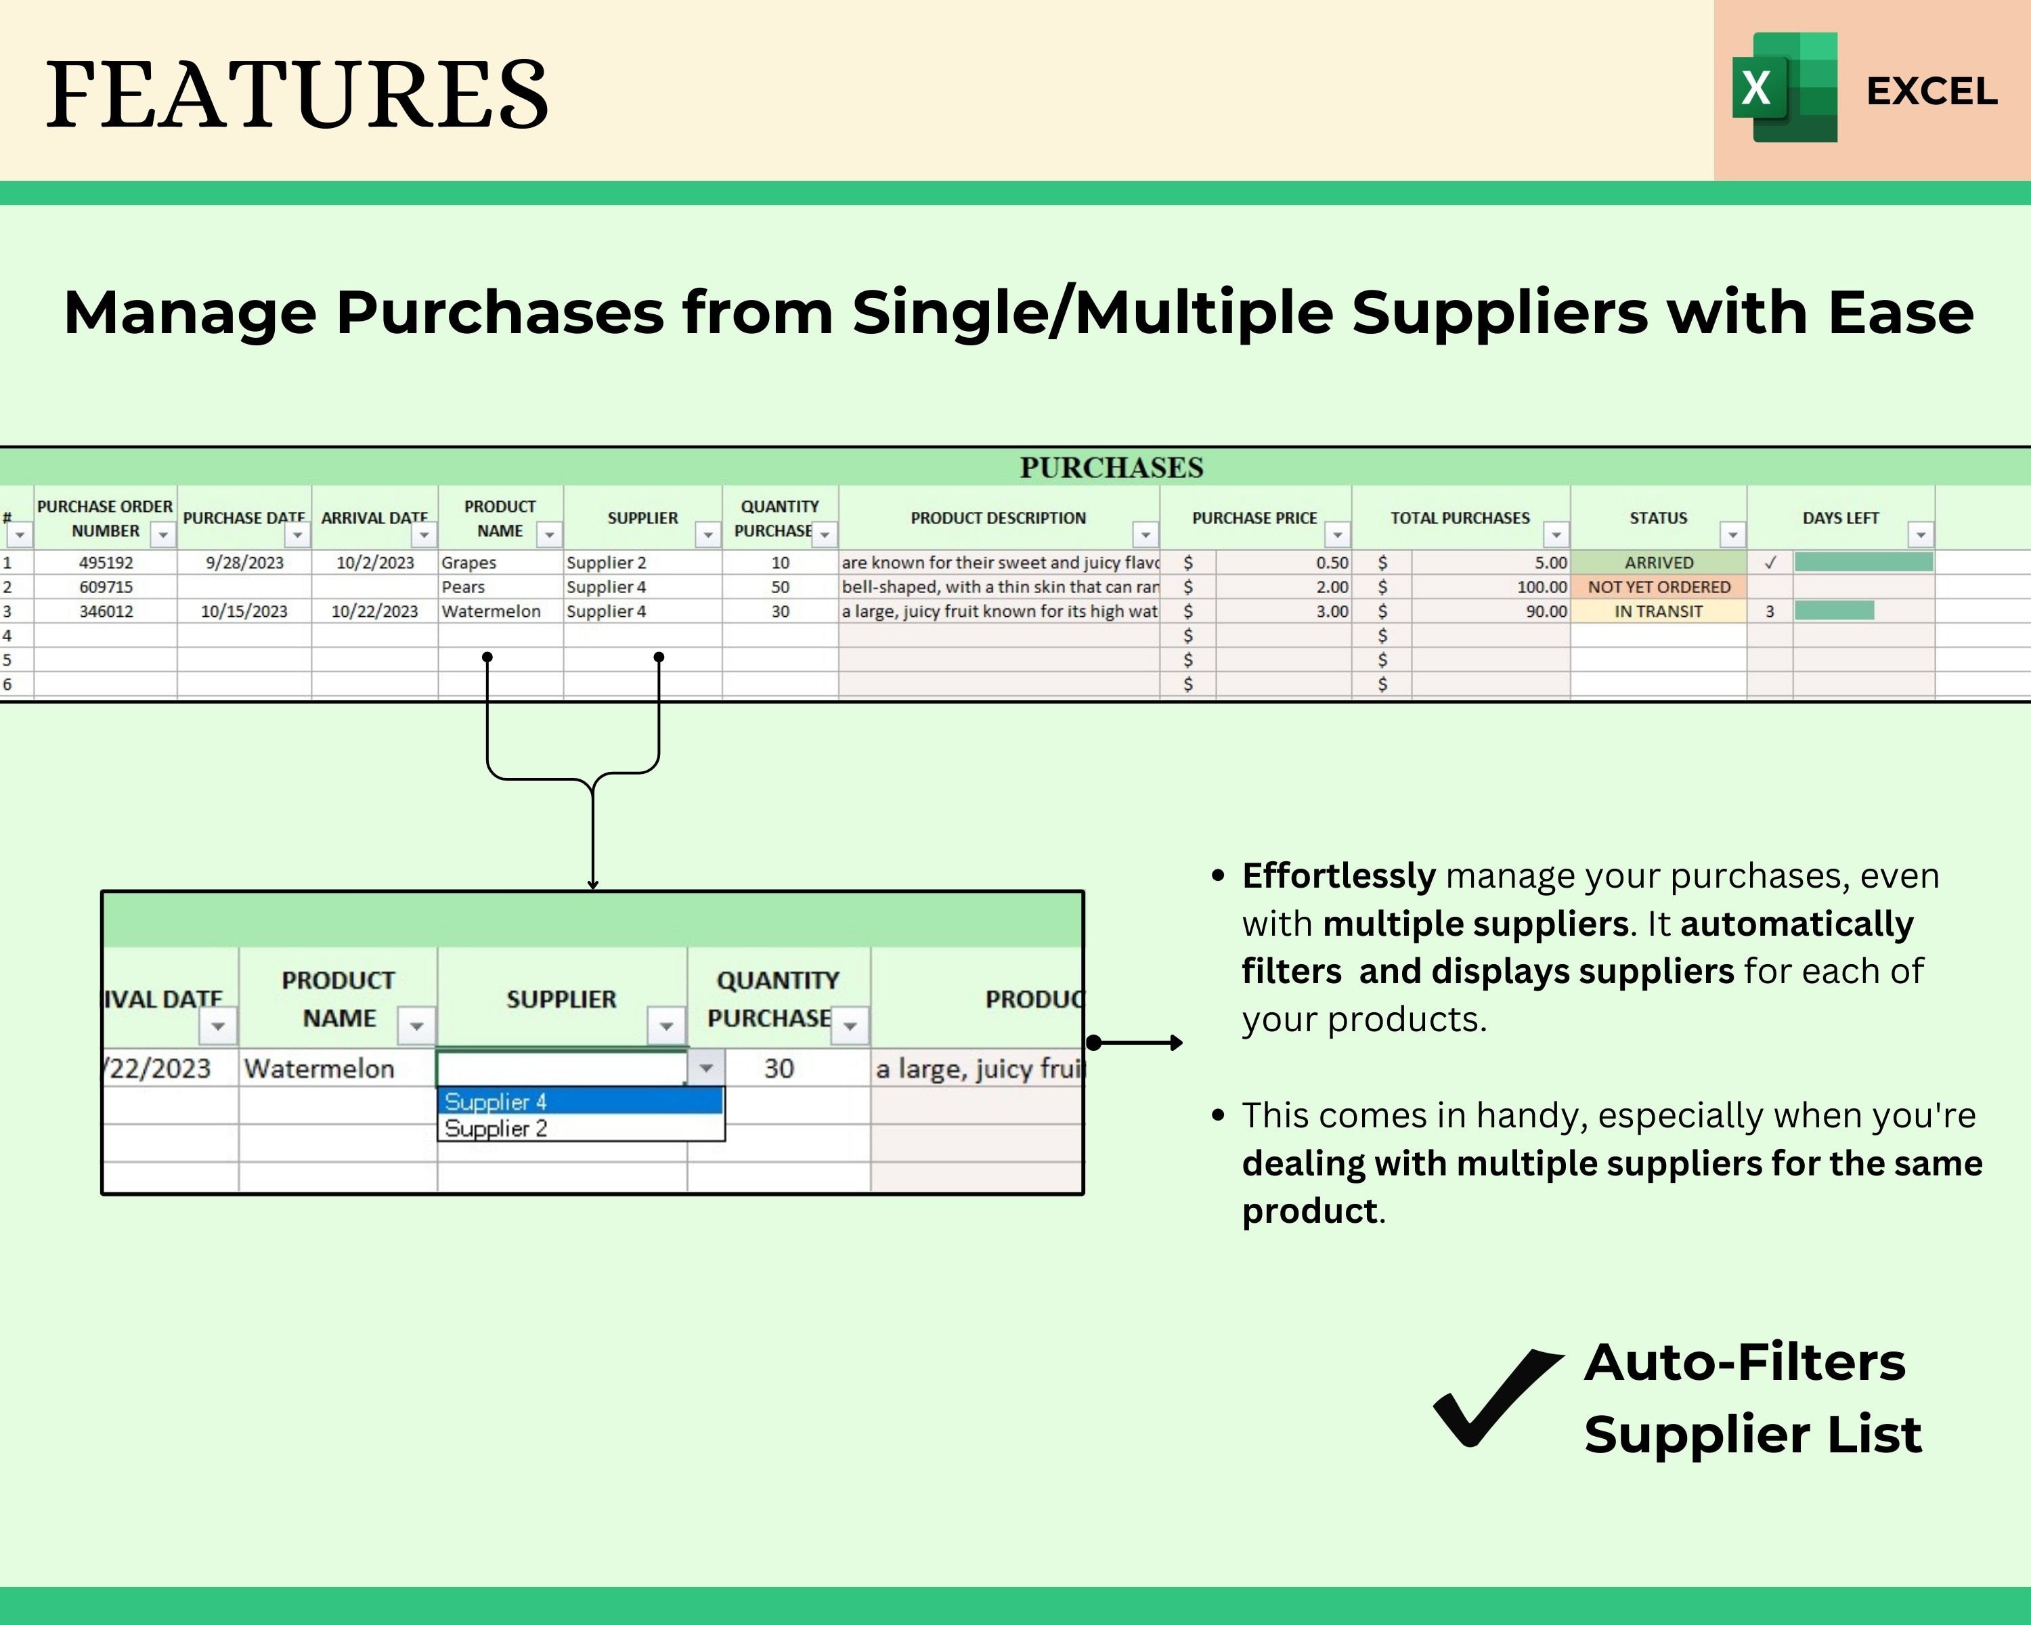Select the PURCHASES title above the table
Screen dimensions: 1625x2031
coord(1111,467)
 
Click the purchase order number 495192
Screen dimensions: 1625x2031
coord(106,563)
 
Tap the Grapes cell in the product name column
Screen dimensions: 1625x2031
coord(468,563)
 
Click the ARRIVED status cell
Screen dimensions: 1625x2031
coord(1658,563)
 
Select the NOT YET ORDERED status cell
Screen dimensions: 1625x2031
coord(1658,587)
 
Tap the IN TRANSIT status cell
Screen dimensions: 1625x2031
coord(1658,611)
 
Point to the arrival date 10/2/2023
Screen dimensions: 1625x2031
coord(375,563)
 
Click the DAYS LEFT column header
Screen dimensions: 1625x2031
coord(1840,518)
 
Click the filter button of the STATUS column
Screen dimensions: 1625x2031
coord(1732,535)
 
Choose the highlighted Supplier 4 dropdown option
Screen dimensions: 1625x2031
coord(580,1101)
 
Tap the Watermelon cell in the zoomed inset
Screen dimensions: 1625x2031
coord(320,1068)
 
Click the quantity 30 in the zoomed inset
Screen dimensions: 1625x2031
coord(778,1068)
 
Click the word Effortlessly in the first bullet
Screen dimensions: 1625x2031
coord(1338,876)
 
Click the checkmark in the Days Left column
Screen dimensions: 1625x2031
coord(1770,563)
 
